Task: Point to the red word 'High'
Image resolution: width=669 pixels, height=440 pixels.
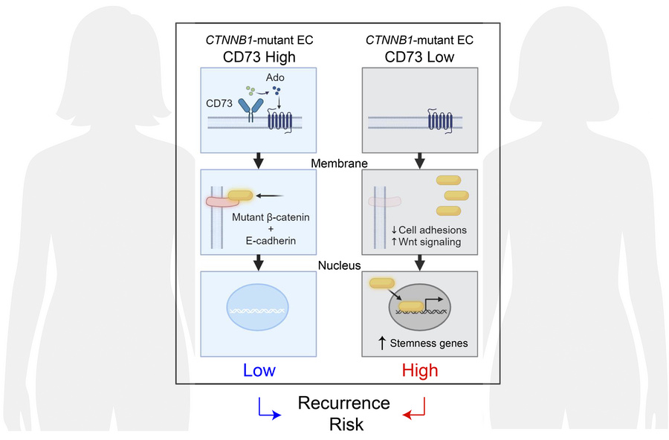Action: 420,369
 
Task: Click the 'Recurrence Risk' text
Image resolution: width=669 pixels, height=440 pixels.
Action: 343,412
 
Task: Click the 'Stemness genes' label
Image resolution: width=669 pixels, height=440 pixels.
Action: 425,343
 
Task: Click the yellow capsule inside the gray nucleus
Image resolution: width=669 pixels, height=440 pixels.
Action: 413,305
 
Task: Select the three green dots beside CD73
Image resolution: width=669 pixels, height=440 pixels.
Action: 251,92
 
